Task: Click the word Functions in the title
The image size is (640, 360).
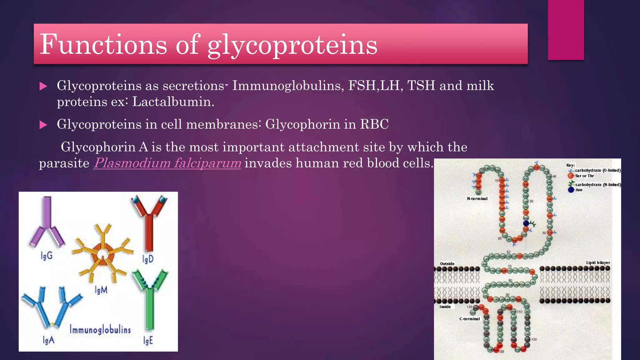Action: click(x=103, y=44)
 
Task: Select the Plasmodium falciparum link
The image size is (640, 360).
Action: click(x=167, y=163)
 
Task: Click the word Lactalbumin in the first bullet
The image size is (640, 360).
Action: click(x=173, y=102)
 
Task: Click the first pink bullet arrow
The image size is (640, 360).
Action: click(x=43, y=86)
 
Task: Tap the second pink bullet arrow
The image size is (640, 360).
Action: click(x=43, y=125)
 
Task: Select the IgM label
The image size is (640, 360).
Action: click(x=101, y=290)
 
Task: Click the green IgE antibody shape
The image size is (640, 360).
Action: click(x=150, y=300)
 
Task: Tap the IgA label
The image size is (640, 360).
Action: click(x=48, y=340)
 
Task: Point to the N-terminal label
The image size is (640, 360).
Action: click(x=477, y=198)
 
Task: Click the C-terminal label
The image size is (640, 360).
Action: click(x=469, y=319)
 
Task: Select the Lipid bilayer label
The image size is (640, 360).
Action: click(x=598, y=262)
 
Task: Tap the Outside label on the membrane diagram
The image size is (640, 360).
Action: click(x=447, y=263)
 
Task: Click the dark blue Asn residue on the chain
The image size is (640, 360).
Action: click(x=526, y=223)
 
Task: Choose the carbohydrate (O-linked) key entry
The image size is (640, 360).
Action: click(x=597, y=170)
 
